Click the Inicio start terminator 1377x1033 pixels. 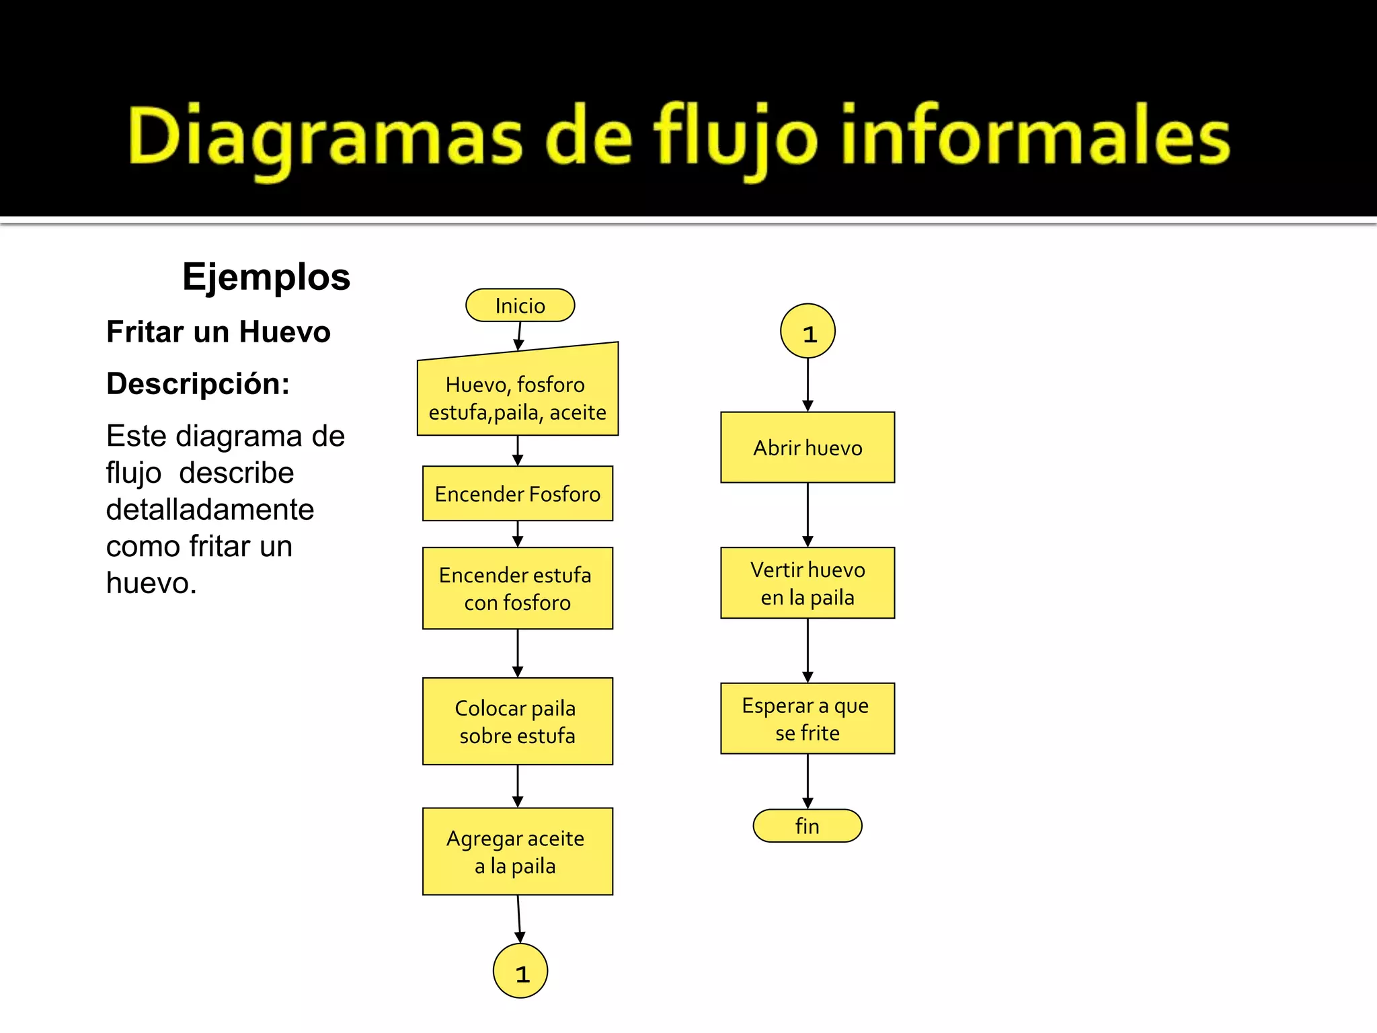[520, 305]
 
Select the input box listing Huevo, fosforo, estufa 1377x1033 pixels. [517, 397]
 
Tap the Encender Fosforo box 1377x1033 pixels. [517, 494]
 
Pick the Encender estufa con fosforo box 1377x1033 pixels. [517, 588]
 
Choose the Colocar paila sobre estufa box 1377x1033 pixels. [517, 721]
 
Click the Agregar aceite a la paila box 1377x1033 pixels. [517, 851]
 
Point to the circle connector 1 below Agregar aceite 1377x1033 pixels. [520, 970]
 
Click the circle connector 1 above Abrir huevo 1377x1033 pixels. [808, 331]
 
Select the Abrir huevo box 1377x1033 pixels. [808, 447]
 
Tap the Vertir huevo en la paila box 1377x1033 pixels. [808, 583]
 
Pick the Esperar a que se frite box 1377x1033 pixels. [808, 718]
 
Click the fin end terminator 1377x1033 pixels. [808, 826]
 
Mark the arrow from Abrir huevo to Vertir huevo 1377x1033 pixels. [808, 514]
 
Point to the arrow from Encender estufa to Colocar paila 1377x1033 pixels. [517, 653]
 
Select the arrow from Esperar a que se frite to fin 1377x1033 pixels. [808, 780]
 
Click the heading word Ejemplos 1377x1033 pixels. [266, 276]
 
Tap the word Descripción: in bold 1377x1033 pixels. [198, 383]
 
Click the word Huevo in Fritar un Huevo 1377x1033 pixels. [284, 332]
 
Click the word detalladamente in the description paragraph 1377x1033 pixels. [210, 509]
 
